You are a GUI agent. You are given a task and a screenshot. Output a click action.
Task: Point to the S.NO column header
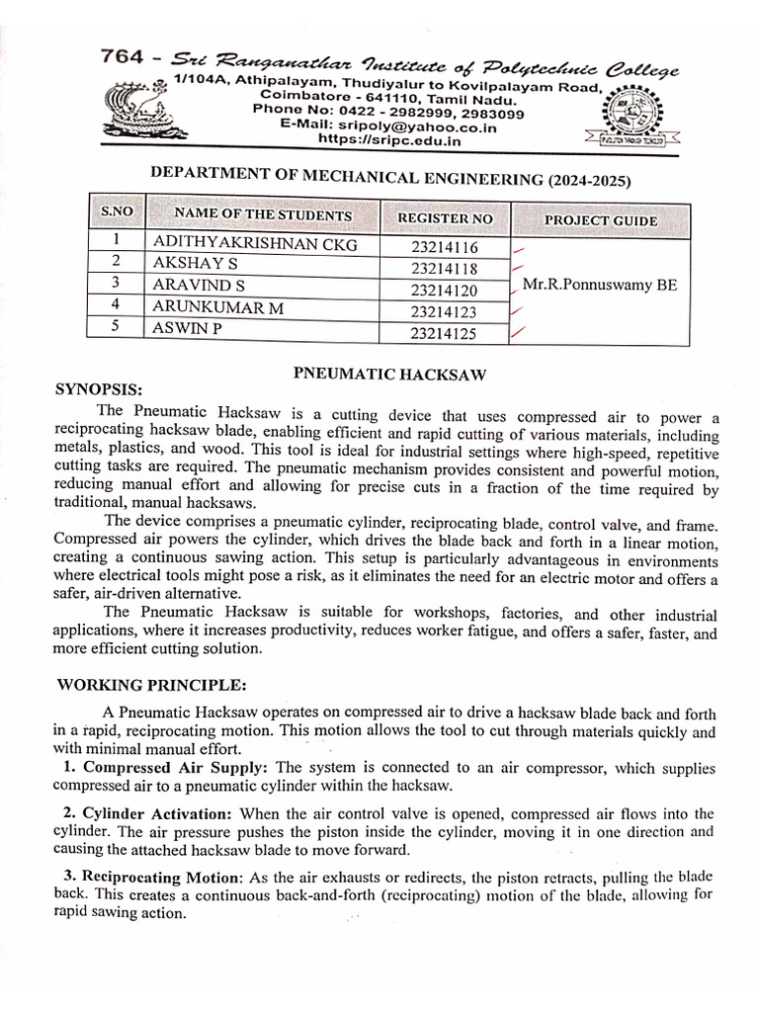tap(117, 212)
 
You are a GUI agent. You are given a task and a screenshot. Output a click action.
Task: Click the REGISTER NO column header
tap(444, 217)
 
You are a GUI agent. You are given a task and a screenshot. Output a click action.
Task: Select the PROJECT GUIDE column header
tap(600, 220)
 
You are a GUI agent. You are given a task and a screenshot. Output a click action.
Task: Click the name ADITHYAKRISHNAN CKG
tap(254, 244)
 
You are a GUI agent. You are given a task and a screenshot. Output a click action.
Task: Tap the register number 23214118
tap(444, 268)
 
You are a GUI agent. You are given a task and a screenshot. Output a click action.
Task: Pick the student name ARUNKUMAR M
tap(217, 308)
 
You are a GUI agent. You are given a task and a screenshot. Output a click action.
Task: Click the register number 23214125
tap(444, 334)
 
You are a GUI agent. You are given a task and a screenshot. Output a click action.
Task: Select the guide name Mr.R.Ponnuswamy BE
tap(600, 285)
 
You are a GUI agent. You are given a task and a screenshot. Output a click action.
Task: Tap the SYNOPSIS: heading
tap(99, 388)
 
